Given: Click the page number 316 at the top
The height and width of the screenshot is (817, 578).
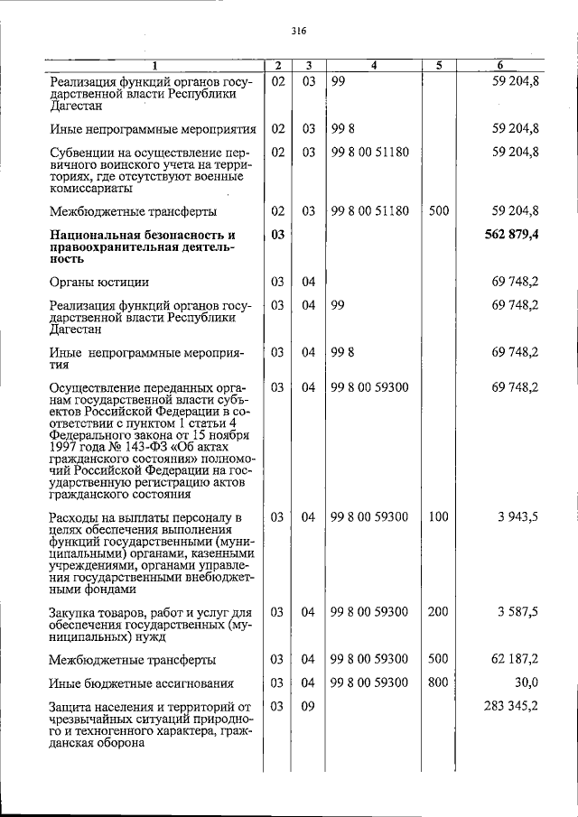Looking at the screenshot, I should (x=300, y=30).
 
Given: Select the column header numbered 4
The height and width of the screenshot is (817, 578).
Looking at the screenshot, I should (x=373, y=66).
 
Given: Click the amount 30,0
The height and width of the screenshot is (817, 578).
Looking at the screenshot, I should (x=526, y=682).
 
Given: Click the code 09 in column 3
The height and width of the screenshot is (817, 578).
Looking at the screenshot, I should (x=308, y=707).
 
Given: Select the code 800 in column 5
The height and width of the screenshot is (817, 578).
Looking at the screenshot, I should (x=438, y=682).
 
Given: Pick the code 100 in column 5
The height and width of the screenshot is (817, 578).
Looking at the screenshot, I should (x=438, y=517).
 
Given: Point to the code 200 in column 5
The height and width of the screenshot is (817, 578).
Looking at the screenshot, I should (x=438, y=612).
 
